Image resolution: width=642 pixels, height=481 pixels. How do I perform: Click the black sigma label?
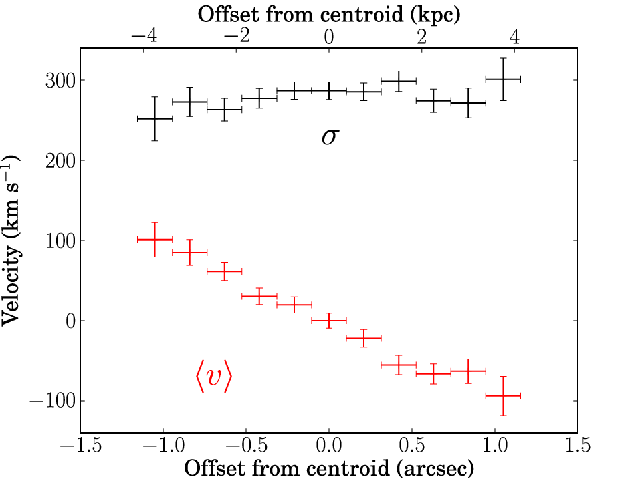tap(330, 137)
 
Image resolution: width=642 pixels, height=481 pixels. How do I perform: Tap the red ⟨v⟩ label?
tap(214, 377)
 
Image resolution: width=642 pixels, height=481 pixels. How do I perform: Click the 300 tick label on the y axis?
tap(61, 81)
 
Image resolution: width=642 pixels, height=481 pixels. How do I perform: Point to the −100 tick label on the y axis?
tap(53, 401)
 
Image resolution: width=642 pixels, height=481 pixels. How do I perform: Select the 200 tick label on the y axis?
tap(61, 161)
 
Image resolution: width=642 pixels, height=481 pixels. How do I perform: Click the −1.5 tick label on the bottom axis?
tap(81, 445)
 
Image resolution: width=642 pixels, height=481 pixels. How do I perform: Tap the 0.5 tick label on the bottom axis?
tap(412, 445)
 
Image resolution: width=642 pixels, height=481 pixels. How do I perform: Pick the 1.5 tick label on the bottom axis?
tap(578, 445)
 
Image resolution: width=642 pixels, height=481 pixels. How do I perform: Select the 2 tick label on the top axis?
tap(422, 37)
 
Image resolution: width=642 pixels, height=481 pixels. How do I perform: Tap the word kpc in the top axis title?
tap(435, 15)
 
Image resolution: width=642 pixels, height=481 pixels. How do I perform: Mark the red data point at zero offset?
tap(329, 321)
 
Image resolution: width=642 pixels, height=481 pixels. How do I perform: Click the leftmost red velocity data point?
tap(154, 239)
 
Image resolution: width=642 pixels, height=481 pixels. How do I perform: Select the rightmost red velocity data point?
tap(503, 396)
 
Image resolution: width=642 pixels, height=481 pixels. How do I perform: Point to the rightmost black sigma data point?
tap(503, 79)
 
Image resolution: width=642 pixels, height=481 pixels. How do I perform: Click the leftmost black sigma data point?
tap(154, 119)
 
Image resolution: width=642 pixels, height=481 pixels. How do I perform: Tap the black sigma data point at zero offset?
tap(329, 90)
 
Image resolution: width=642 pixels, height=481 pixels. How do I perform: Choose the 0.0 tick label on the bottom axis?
tap(329, 445)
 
